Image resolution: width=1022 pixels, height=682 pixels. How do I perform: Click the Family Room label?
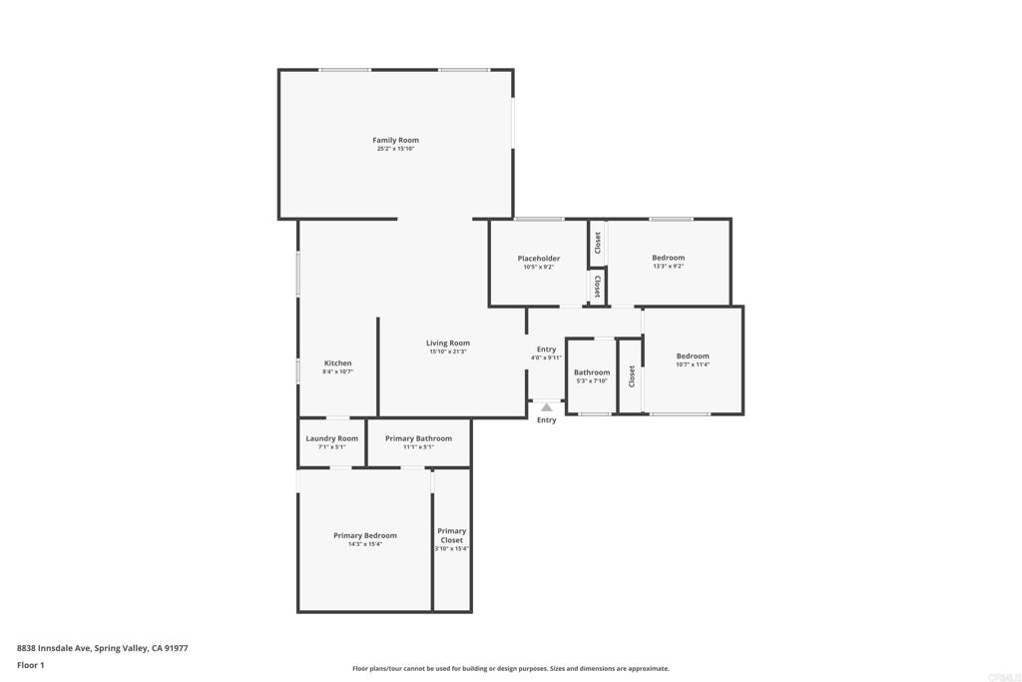click(x=395, y=140)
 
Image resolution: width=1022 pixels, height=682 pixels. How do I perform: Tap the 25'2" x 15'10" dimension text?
click(x=395, y=149)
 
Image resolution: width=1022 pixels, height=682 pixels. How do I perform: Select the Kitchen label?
click(x=337, y=362)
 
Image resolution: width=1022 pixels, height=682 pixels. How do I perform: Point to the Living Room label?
click(x=448, y=342)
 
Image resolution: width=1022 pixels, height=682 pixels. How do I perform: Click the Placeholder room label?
click(x=538, y=258)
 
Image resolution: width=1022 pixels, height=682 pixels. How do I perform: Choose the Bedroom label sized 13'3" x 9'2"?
click(x=668, y=258)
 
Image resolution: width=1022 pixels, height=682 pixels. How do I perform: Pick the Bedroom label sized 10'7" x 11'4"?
click(x=692, y=355)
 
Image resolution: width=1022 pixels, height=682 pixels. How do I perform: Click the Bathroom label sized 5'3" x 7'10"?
click(x=591, y=371)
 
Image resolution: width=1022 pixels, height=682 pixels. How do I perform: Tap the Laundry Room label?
click(x=331, y=438)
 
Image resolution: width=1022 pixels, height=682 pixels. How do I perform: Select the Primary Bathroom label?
click(x=418, y=438)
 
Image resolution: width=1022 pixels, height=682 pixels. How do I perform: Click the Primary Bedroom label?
click(x=364, y=535)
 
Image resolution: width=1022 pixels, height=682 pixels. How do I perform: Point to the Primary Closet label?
click(x=451, y=535)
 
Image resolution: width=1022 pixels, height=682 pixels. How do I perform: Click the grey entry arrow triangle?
click(x=546, y=407)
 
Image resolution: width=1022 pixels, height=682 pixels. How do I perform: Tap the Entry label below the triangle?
click(x=546, y=420)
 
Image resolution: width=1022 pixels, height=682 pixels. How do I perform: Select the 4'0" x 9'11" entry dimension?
click(x=546, y=357)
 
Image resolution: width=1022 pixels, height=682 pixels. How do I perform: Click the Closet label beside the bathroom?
click(x=631, y=376)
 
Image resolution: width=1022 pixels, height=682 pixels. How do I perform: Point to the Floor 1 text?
click(x=31, y=665)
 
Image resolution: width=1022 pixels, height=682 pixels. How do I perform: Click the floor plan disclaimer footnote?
click(x=510, y=669)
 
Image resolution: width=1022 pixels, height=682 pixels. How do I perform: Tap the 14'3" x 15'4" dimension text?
click(x=364, y=544)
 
